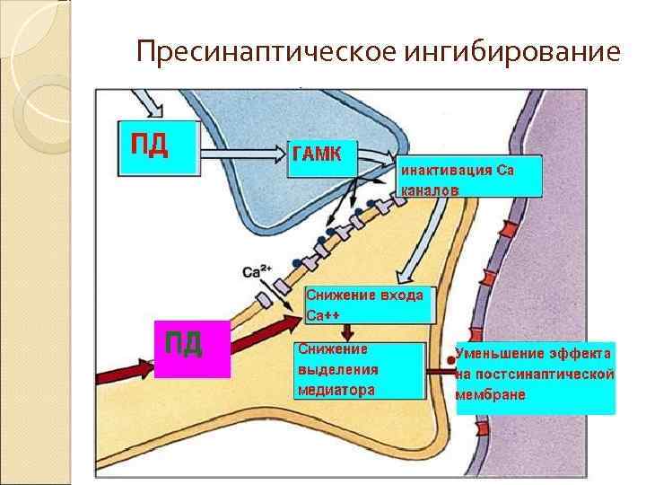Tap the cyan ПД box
coord(158,146)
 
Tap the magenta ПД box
coord(192,346)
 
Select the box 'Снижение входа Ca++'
coord(366,305)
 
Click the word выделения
coord(337,369)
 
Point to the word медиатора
coord(336,390)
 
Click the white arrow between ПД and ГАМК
coord(242,159)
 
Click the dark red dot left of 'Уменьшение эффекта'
coord(451,362)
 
